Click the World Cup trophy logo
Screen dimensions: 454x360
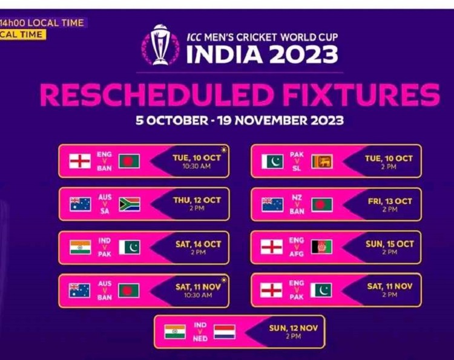click(x=160, y=45)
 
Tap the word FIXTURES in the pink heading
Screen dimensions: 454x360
click(x=361, y=94)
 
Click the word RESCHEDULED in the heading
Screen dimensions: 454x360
click(x=157, y=95)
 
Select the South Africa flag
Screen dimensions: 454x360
click(x=130, y=205)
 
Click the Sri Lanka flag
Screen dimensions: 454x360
click(x=322, y=162)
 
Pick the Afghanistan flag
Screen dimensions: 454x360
click(x=321, y=247)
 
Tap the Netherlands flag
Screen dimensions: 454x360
click(x=225, y=332)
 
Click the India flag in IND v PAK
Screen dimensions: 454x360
click(x=80, y=247)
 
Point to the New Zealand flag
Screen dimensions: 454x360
click(x=272, y=205)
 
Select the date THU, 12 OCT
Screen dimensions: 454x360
click(x=197, y=200)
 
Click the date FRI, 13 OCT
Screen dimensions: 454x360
click(x=390, y=201)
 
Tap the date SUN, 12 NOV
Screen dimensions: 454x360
click(x=294, y=328)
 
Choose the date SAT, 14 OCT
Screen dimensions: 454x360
click(x=198, y=244)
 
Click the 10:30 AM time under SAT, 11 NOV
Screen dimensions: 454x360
click(x=198, y=295)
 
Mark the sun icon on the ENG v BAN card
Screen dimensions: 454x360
click(x=224, y=150)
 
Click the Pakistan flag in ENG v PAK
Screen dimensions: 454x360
click(x=321, y=290)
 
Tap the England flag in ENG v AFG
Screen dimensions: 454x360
click(x=272, y=247)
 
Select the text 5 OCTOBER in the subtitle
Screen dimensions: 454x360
click(x=172, y=120)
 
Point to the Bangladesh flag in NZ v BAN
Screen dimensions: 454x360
click(x=322, y=205)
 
